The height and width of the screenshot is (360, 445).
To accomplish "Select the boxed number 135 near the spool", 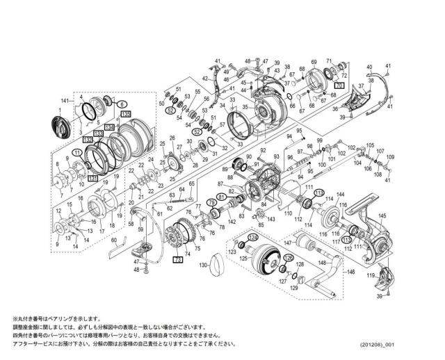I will [x=125, y=113].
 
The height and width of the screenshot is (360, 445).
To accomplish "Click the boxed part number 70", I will [x=339, y=84].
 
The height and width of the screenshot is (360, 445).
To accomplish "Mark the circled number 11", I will [x=76, y=152].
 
